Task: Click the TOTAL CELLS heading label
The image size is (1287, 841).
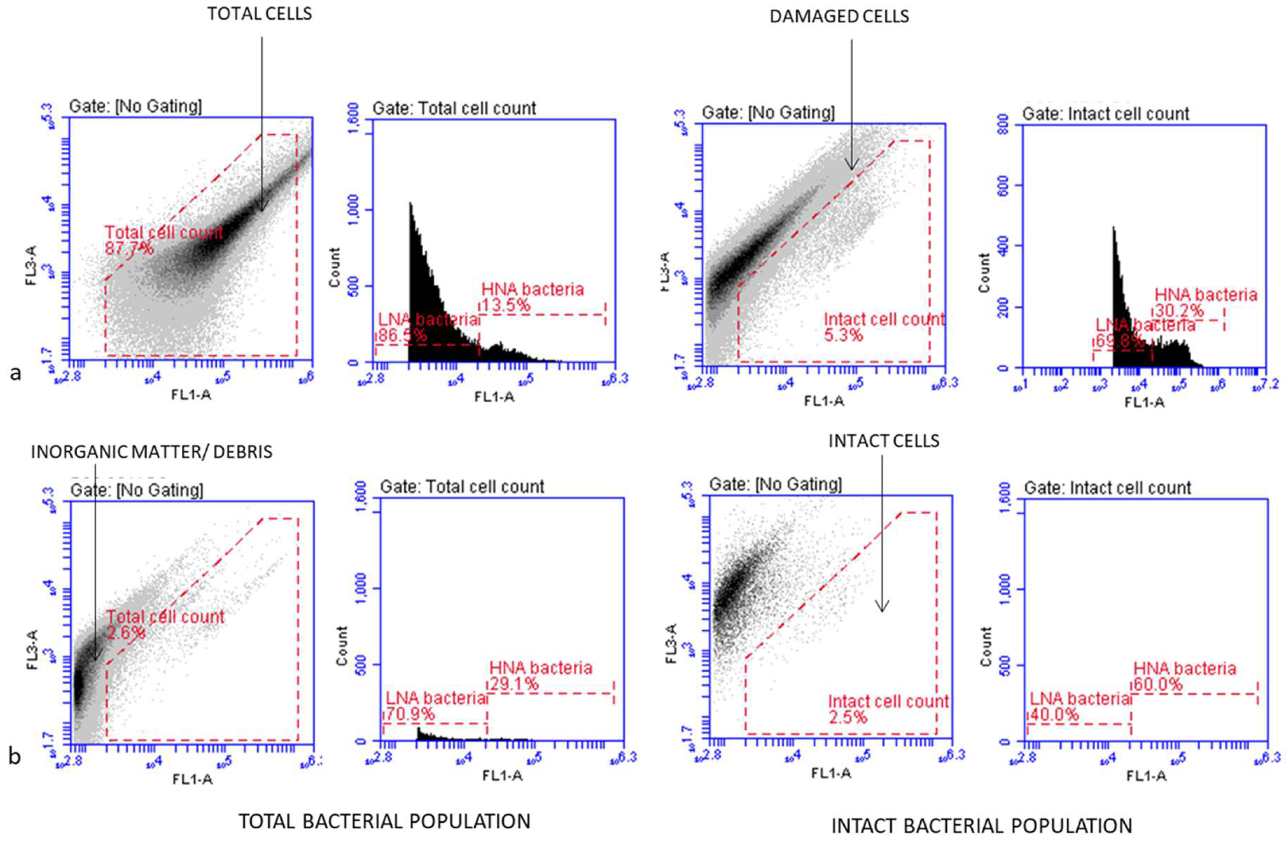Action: pos(259,14)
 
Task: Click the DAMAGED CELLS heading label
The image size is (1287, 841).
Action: pos(839,17)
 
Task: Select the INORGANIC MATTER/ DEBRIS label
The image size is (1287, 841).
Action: pos(152,452)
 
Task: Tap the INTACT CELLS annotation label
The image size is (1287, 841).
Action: pos(884,441)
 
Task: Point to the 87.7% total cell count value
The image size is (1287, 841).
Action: pos(129,249)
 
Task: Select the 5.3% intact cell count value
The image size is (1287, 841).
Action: pos(844,336)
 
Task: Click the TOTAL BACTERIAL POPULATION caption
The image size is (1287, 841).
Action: pos(385,822)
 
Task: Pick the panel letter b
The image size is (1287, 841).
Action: pos(15,756)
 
